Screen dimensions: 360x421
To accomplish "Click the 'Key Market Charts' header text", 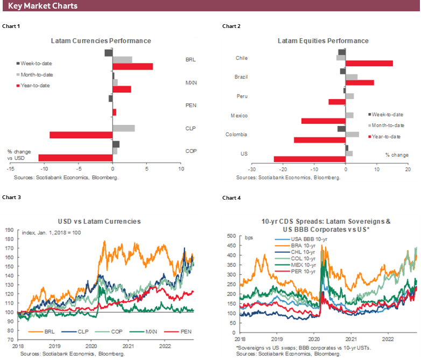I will [x=43, y=6].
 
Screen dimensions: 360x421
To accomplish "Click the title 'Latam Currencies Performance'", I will [x=101, y=41].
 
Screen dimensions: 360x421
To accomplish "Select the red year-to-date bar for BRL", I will [x=132, y=66].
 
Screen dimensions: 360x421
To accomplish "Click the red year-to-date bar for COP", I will [x=75, y=158].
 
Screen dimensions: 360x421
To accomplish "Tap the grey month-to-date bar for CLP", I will [x=123, y=128].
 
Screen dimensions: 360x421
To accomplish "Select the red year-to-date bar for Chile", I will [x=369, y=63].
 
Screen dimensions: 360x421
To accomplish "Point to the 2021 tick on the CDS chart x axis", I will [x=350, y=340].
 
